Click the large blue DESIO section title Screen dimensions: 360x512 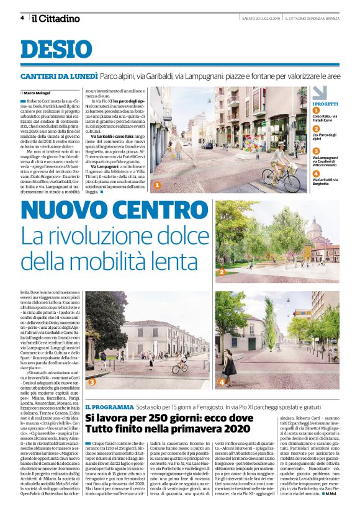click(x=48, y=49)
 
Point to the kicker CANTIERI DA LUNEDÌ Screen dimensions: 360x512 click(x=59, y=76)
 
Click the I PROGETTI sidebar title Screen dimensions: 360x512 click(x=325, y=104)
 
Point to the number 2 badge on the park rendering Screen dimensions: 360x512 click(x=220, y=271)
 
